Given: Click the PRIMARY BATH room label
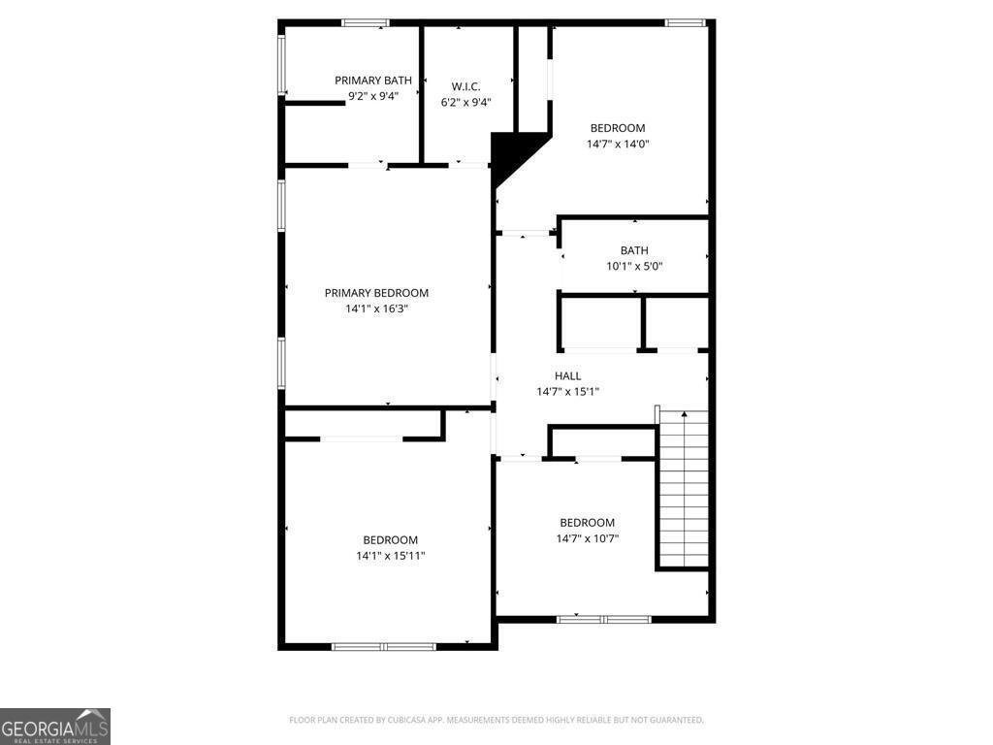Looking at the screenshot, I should click(373, 81).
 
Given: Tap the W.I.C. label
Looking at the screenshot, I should click(466, 86).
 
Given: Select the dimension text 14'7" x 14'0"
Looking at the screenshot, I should click(618, 144).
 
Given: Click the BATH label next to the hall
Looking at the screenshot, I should click(634, 250).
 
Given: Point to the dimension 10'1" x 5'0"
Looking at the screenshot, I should click(634, 266).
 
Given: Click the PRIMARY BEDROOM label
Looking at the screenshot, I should click(376, 293).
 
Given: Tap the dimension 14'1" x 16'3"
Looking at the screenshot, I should click(376, 308).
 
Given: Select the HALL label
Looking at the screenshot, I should click(568, 376).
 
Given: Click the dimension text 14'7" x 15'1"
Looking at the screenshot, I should click(568, 392).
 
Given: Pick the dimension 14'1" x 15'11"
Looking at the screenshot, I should click(391, 556).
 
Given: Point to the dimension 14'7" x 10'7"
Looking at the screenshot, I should click(588, 538).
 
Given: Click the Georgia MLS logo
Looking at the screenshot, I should click(55, 727).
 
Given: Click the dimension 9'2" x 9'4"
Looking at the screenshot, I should click(373, 96).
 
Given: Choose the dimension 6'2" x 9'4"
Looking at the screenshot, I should click(466, 102).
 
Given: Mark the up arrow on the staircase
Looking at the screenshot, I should click(685, 415).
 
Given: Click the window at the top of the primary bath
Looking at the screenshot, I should click(366, 22).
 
